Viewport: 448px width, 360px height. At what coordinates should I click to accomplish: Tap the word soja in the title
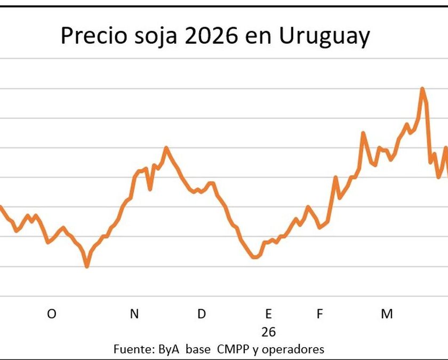point(151,36)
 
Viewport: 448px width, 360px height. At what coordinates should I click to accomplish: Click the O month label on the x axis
point(51,314)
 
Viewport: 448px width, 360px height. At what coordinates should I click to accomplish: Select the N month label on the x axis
point(134,314)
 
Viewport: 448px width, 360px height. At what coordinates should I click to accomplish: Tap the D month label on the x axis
point(201,314)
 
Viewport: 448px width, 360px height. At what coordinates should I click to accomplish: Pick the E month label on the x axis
point(269,314)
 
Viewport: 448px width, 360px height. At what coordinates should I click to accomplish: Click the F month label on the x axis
point(319,314)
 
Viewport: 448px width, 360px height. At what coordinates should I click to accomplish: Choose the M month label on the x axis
point(387,314)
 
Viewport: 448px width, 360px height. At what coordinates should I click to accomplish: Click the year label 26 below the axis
point(269,332)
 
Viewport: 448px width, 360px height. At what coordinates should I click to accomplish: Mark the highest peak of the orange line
point(422,89)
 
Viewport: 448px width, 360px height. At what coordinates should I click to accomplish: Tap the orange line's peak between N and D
point(166,148)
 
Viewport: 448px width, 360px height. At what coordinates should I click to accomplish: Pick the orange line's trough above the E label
point(255,257)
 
